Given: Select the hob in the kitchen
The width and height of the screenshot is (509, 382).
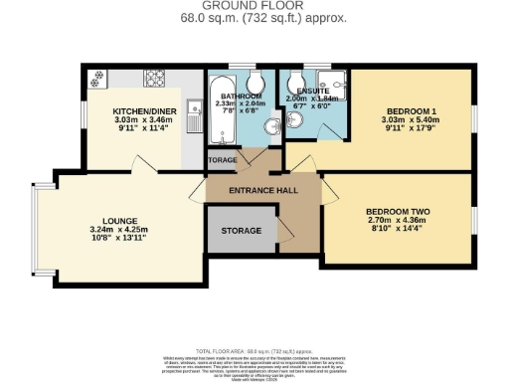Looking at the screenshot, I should pos(156,76).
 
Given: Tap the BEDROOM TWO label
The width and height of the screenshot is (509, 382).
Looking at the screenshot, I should pos(398,212).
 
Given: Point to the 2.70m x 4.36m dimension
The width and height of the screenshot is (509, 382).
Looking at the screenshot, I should pos(398,222).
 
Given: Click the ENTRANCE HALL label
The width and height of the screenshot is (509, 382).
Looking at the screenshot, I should pos(262,190).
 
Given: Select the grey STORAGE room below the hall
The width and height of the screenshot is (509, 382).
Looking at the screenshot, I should pos(241,231).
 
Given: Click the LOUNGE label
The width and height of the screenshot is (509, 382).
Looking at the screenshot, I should pos(118,221).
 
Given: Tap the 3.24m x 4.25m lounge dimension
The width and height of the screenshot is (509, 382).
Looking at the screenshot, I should pos(118,231).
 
